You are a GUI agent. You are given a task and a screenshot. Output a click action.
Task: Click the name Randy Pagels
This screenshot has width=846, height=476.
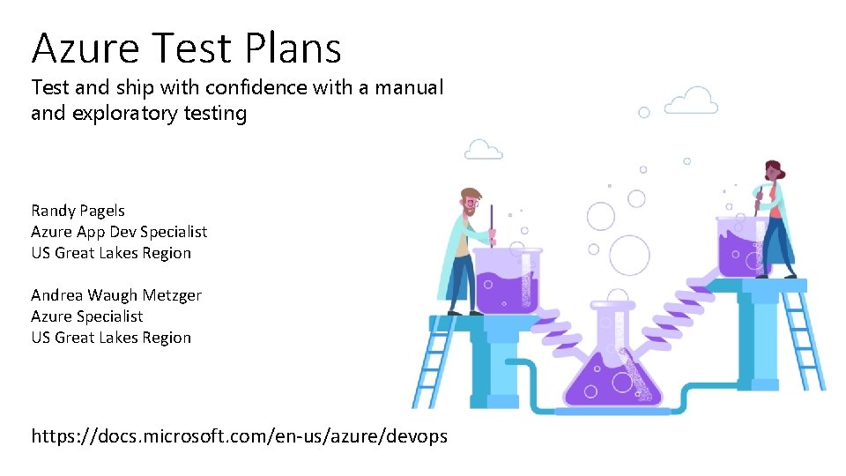pyautogui.click(x=78, y=211)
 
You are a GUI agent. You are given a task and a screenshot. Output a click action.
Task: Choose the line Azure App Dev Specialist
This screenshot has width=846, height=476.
pyautogui.click(x=119, y=232)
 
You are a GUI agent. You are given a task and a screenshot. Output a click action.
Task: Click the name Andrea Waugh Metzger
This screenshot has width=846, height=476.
pyautogui.click(x=116, y=295)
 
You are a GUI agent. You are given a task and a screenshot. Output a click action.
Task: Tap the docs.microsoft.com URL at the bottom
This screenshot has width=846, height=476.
pyautogui.click(x=239, y=435)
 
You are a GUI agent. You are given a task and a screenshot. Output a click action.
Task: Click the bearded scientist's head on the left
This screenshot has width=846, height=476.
pyautogui.click(x=471, y=202)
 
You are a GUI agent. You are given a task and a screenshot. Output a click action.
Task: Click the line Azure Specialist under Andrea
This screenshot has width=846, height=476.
pyautogui.click(x=86, y=316)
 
